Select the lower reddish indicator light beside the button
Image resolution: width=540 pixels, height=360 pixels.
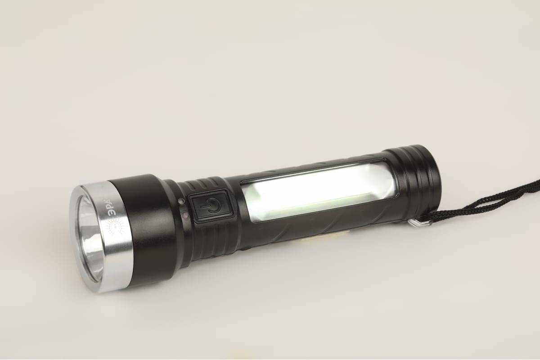tap(185, 215)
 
